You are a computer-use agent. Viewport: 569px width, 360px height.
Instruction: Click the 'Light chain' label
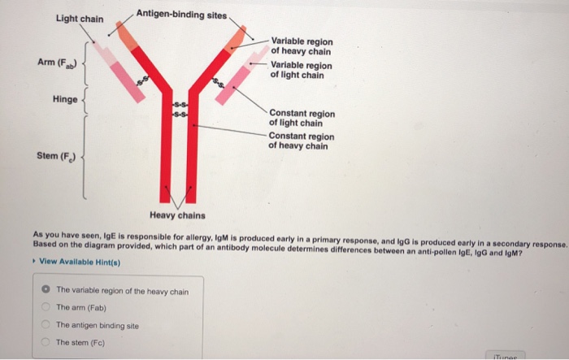click(x=79, y=18)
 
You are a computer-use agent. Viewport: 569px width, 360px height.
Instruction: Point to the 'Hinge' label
click(x=65, y=98)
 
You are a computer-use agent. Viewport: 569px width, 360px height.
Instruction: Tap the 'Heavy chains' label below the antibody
click(x=177, y=215)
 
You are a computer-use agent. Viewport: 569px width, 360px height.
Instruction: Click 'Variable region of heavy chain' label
click(x=301, y=46)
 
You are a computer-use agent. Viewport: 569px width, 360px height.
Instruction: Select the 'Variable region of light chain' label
click(x=301, y=70)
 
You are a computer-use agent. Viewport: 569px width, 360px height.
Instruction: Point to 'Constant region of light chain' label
click(x=301, y=118)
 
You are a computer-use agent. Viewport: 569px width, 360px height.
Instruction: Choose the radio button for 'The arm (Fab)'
click(x=47, y=307)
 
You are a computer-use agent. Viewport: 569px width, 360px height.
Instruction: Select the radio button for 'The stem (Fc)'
click(x=47, y=342)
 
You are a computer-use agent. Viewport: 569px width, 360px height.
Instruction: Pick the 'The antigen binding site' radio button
click(x=47, y=325)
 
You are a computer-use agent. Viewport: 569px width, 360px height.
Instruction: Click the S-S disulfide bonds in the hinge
click(x=180, y=112)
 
